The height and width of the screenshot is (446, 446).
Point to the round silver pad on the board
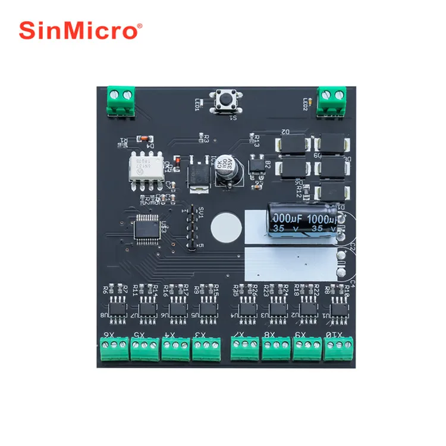226,227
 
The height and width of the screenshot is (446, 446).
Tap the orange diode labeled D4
142,139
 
